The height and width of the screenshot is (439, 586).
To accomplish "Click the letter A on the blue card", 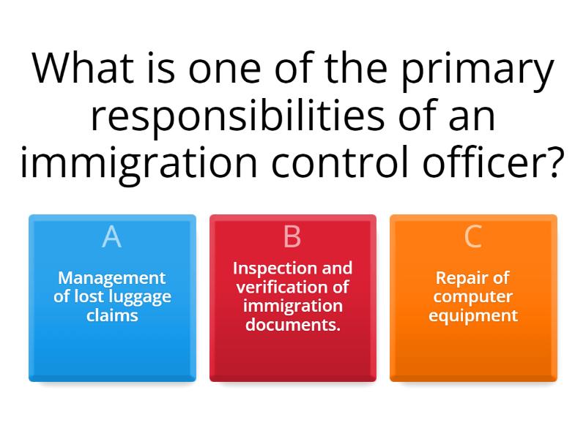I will pyautogui.click(x=111, y=237).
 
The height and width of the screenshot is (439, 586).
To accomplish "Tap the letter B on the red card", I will pyautogui.click(x=292, y=237).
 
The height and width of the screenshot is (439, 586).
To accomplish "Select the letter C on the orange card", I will pyautogui.click(x=473, y=237).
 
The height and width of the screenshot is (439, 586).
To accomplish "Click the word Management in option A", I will pyautogui.click(x=112, y=278).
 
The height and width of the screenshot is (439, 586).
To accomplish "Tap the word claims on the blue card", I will pyautogui.click(x=112, y=316).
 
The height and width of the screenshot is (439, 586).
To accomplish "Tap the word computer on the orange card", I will pyautogui.click(x=472, y=297).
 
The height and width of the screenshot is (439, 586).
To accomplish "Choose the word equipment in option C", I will pyautogui.click(x=472, y=316).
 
